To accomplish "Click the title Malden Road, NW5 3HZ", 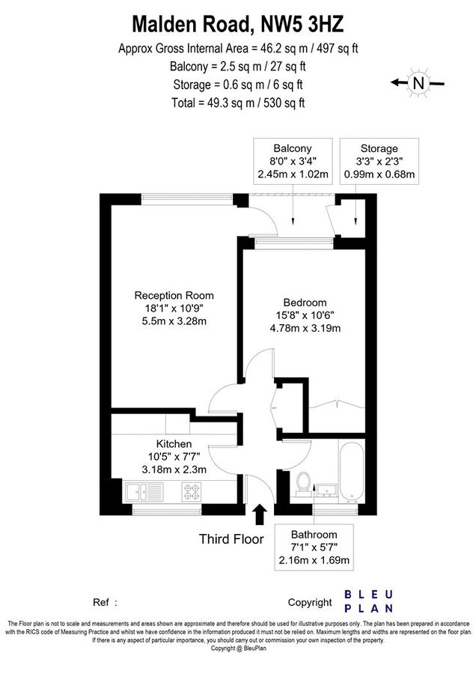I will point(237,24).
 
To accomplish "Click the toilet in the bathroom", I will point(304,483).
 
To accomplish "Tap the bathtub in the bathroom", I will point(351,469).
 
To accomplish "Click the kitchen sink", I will point(136,492).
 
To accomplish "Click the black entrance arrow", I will point(260,515).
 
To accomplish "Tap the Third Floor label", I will point(231,538).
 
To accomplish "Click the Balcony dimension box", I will point(292,162).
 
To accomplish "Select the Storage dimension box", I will point(379,162).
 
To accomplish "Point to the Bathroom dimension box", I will point(314,547).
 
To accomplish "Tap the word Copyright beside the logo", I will point(309,602).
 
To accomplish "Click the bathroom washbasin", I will point(328,489).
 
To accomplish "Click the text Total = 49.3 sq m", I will point(237,103).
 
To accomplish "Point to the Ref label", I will point(101,602).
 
